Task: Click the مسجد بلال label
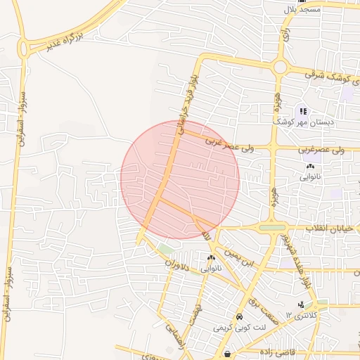[301, 9]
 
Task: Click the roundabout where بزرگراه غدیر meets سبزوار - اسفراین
[26, 48]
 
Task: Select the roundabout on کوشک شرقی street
[280, 68]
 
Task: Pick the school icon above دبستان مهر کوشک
[303, 110]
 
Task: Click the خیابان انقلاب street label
[331, 229]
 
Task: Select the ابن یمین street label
[238, 257]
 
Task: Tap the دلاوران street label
[178, 267]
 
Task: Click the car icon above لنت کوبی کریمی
[240, 318]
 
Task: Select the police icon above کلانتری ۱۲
[302, 304]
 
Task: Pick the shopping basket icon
[227, 354]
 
